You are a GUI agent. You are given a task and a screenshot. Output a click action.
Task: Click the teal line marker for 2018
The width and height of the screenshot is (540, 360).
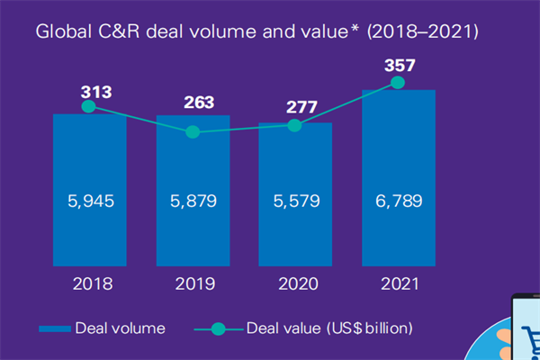click(x=89, y=106)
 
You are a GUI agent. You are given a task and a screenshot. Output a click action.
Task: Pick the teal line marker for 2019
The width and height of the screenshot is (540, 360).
click(x=192, y=131)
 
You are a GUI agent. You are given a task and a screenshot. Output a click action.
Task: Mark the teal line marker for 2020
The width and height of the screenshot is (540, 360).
click(x=293, y=124)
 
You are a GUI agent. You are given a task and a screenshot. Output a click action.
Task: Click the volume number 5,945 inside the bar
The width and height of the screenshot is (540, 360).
click(x=89, y=201)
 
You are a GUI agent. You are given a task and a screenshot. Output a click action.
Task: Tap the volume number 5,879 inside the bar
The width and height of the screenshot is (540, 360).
click(x=192, y=201)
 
